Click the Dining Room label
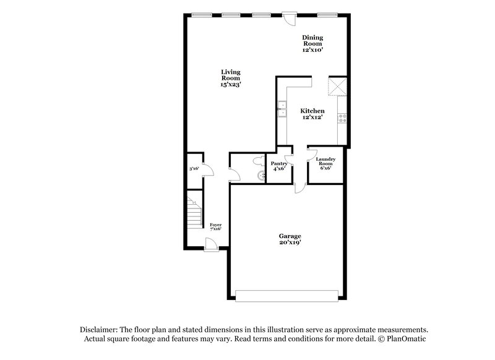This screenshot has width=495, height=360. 312,43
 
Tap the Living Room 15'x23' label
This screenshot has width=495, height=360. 231,78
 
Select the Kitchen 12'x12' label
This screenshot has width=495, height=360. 312,114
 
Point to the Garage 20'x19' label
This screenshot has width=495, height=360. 290,239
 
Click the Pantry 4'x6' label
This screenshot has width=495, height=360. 279,166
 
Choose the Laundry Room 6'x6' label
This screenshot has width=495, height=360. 325,163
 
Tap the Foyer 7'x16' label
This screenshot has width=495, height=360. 215,227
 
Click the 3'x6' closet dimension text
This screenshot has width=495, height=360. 194,169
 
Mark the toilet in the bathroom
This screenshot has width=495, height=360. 259,160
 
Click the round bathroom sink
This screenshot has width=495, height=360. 261,176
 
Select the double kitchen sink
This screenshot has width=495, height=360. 282,109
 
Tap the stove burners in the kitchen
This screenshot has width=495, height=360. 342,118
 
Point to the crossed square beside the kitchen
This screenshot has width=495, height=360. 337,87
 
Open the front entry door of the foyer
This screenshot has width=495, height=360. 211,244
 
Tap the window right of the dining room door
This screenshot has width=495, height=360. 327,14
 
